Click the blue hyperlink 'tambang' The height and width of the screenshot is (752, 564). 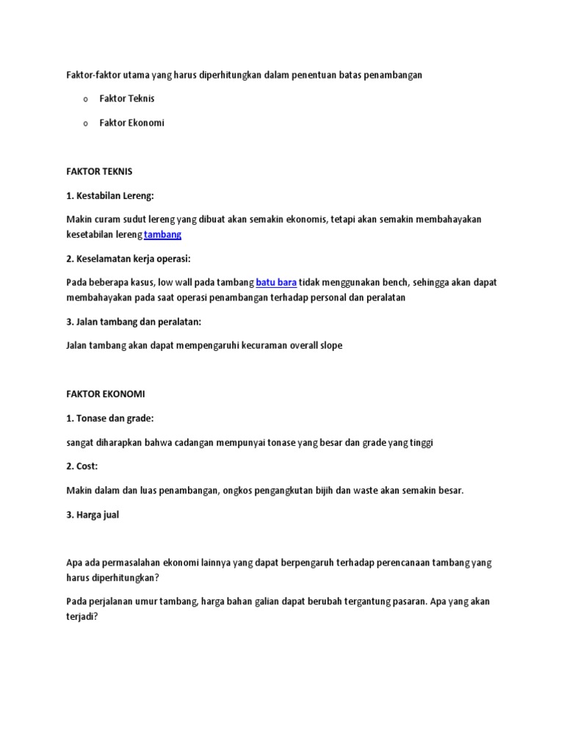[162, 234]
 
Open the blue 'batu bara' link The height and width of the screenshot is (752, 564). [276, 283]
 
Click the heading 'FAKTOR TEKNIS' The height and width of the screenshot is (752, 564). [99, 171]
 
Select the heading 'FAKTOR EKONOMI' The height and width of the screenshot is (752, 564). [105, 394]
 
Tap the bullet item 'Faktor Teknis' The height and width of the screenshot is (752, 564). [127, 98]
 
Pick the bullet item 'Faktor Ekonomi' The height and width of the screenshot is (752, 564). [132, 123]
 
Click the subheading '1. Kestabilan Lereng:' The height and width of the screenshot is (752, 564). [111, 195]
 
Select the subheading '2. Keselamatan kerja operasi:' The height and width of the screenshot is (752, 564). [128, 258]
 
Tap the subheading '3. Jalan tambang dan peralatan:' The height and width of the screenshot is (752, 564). [133, 321]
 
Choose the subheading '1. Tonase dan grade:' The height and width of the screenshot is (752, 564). [110, 418]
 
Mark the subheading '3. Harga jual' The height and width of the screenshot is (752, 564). [93, 515]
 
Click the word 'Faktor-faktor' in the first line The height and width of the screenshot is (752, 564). [92, 74]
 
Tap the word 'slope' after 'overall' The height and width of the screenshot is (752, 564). [330, 345]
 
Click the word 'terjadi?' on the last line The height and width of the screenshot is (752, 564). [81, 618]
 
